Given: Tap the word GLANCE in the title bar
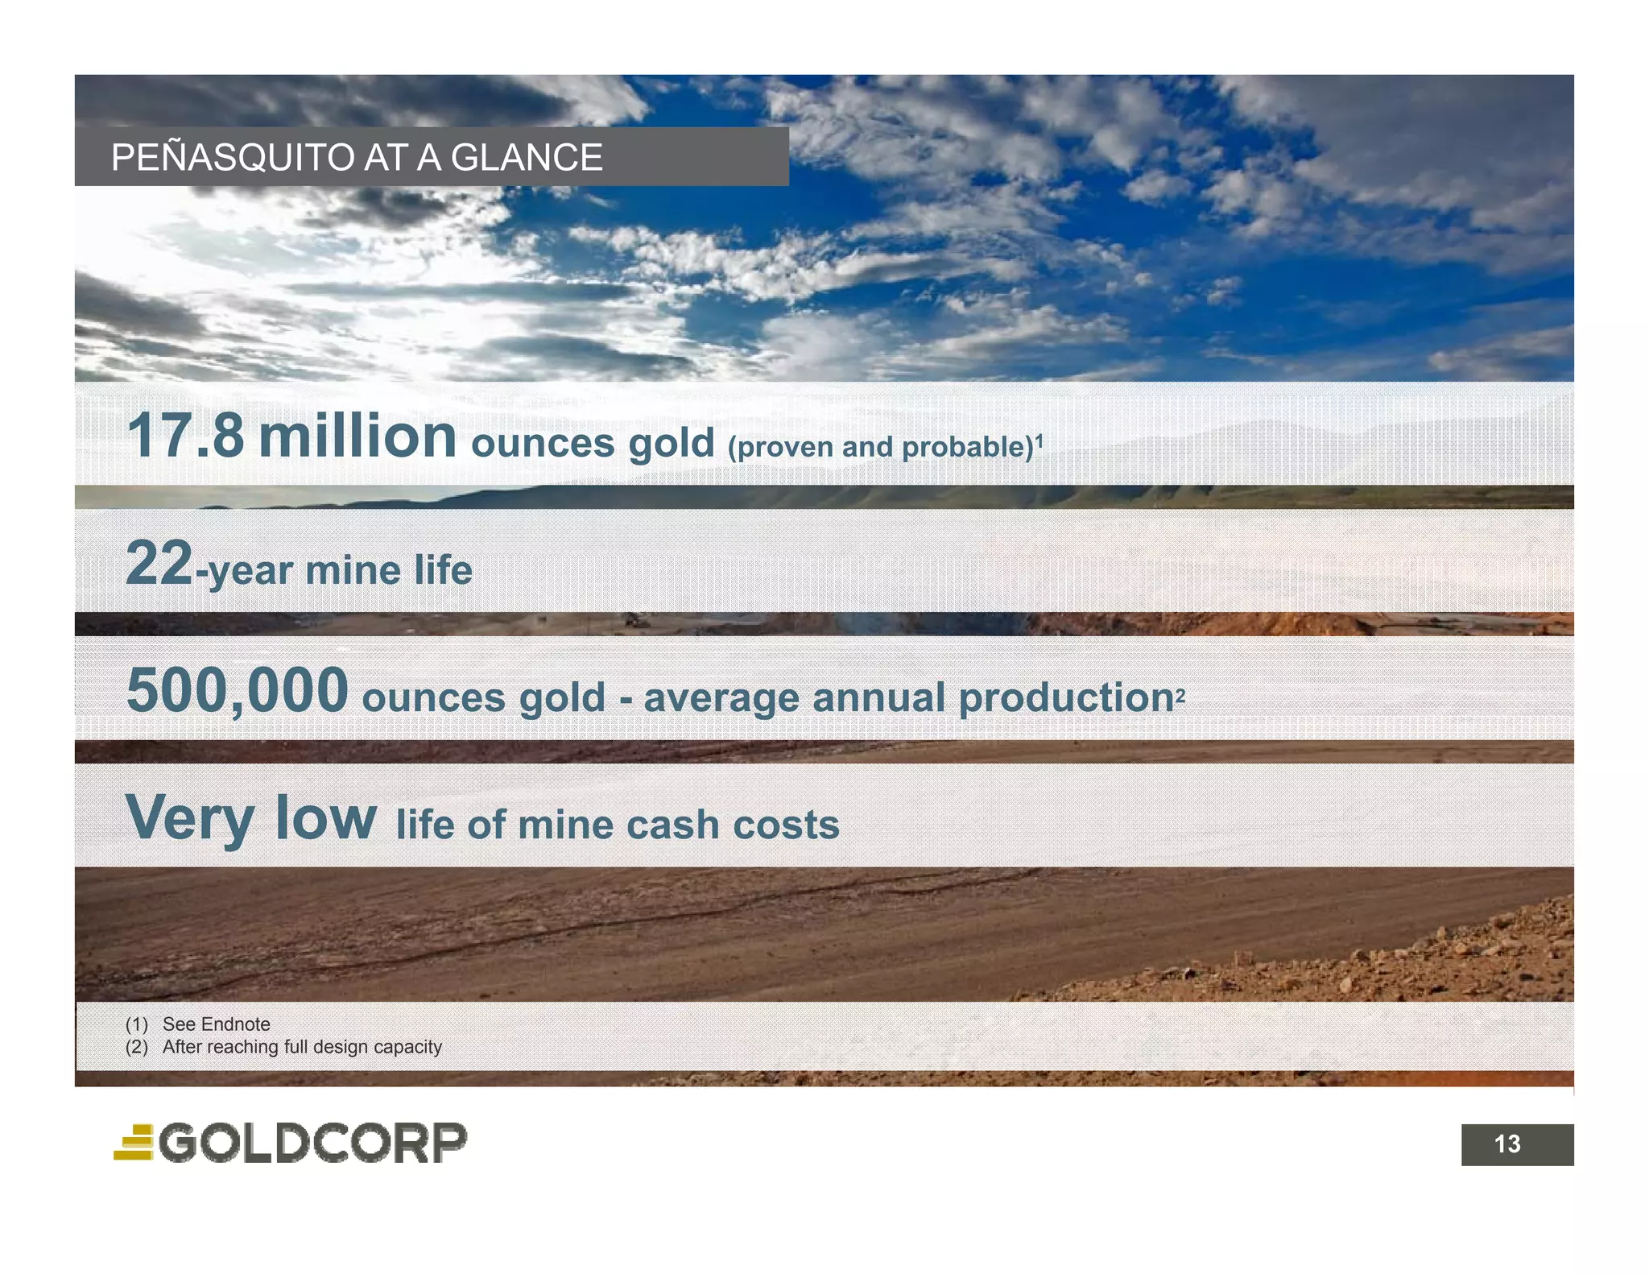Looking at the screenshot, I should point(526,158).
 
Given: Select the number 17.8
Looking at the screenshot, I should point(185,436).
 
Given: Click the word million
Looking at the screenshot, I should point(357,436).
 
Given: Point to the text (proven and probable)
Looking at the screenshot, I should point(880,447).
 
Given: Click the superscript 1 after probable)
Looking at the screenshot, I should point(1039,439).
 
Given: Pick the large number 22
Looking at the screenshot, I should point(159,563).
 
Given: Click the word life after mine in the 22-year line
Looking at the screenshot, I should point(443,570).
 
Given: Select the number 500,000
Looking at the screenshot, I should point(237,690).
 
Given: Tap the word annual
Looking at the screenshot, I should point(878,697).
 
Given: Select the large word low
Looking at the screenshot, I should point(324,817).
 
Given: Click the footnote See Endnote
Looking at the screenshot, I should point(216,1024).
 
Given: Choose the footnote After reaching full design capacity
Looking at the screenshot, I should point(302,1047).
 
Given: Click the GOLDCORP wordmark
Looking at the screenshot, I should point(312,1143).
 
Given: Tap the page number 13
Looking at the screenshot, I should point(1507,1144).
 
